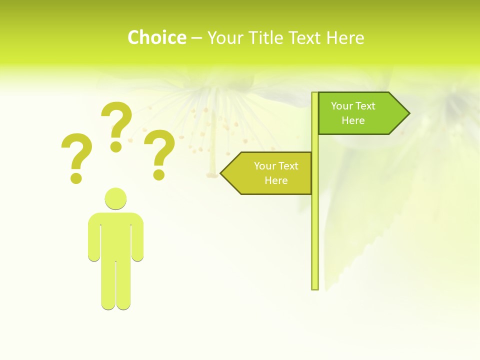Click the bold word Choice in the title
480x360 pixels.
coord(156,37)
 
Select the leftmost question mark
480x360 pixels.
coord(76,155)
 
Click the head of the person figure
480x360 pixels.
coord(115,198)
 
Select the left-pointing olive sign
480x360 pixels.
coord(270,173)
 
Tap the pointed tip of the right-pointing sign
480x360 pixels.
coord(407,113)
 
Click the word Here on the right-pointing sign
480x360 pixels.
coord(353,120)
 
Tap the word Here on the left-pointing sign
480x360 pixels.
coord(276,180)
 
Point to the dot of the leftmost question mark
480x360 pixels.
coord(76,178)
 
